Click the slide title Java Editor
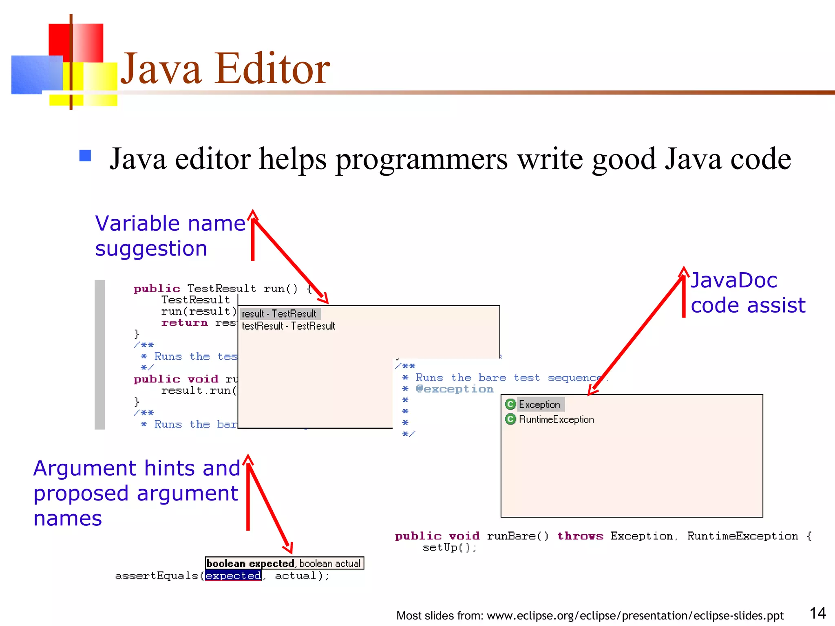click(225, 68)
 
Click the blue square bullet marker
click(85, 156)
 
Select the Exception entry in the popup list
click(539, 404)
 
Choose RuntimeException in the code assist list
click(556, 419)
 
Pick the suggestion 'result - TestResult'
click(279, 314)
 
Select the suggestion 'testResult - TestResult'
click(288, 326)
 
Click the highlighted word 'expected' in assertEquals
click(233, 575)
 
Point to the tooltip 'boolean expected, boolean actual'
click(284, 563)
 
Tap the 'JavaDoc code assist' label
click(748, 293)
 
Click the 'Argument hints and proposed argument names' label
click(137, 493)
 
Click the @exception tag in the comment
click(455, 389)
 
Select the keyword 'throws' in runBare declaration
click(580, 536)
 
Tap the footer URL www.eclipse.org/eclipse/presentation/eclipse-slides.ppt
click(635, 615)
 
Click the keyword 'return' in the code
click(184, 323)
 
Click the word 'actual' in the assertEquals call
click(296, 575)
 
